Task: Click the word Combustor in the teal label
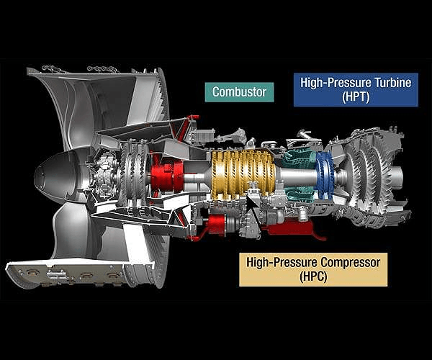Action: click(239, 92)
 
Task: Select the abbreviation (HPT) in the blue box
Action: click(356, 97)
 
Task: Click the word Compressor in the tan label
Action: click(350, 263)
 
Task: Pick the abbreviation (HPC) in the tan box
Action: click(313, 276)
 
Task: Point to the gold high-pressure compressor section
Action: click(243, 175)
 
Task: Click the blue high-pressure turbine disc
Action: click(325, 175)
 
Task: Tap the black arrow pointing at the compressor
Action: click(253, 209)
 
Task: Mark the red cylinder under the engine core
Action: click(217, 225)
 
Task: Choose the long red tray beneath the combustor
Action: click(292, 228)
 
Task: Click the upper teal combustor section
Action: click(299, 158)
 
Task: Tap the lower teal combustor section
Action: click(300, 193)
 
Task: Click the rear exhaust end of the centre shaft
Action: click(397, 176)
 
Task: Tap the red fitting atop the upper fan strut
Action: click(194, 117)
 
